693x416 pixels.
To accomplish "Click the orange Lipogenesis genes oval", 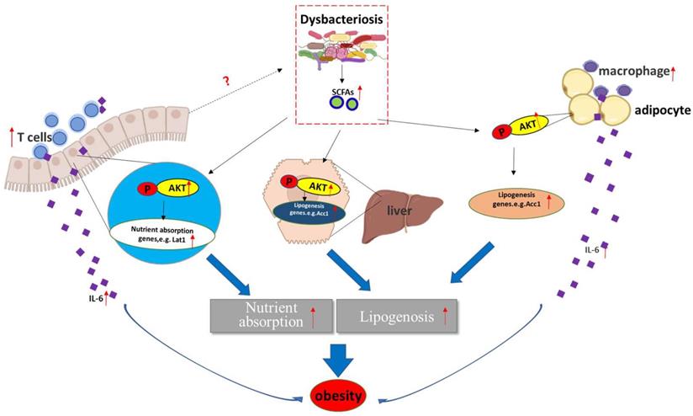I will click(515, 202).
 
